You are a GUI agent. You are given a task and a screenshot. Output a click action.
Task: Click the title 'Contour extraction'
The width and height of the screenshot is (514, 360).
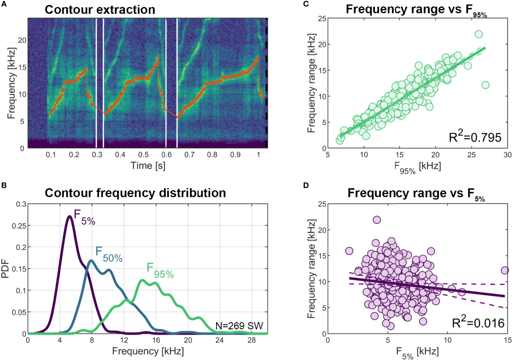100,10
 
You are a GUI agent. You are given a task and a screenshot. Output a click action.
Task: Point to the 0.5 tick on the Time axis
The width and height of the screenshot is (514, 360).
143,155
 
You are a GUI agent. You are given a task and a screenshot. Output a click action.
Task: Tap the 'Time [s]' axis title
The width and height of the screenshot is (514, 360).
148,166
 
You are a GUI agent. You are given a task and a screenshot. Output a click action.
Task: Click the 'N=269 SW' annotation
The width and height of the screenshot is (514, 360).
239,326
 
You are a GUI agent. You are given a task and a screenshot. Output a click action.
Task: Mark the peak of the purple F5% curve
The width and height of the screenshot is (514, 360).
70,216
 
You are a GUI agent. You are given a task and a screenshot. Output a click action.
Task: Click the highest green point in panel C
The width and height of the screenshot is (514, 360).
479,34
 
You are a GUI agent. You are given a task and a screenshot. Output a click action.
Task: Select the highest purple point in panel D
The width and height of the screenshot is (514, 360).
377,220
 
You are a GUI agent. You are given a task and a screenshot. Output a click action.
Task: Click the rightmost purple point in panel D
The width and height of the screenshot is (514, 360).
505,270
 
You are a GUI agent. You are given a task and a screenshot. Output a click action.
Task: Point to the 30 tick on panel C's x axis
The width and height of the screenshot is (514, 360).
507,155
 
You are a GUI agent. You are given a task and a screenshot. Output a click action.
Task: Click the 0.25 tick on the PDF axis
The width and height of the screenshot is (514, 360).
19,226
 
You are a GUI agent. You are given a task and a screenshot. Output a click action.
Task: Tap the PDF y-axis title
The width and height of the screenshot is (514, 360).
5,269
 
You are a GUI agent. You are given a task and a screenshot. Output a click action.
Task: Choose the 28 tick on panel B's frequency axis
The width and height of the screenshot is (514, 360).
252,341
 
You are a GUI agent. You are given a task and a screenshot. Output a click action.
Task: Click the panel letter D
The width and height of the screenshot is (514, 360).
306,185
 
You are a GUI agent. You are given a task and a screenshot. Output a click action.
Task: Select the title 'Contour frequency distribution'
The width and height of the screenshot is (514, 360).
135,193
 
